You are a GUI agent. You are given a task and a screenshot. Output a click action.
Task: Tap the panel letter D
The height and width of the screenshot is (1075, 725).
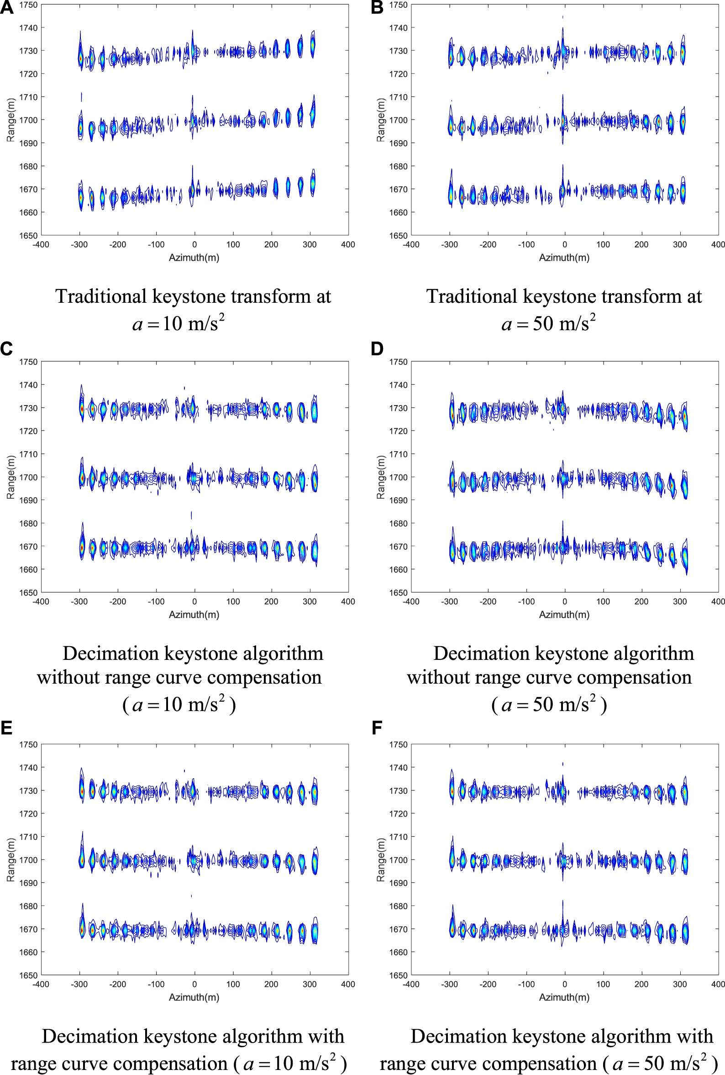tap(377, 348)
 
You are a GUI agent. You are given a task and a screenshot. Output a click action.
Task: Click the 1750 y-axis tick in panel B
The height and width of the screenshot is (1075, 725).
tap(398, 5)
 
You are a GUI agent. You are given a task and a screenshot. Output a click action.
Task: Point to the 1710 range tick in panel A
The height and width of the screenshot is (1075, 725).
tap(28, 97)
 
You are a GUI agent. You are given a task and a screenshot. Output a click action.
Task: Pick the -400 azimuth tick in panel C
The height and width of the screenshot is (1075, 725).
tap(41, 601)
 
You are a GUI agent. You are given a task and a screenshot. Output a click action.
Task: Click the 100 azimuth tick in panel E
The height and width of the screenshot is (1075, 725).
tap(232, 984)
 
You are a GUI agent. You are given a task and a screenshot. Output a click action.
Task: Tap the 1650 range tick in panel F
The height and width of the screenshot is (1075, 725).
tap(398, 975)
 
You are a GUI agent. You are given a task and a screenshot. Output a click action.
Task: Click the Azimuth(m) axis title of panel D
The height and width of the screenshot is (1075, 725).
tap(564, 615)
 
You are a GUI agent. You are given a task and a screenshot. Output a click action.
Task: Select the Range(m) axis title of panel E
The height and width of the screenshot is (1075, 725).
tap(11, 859)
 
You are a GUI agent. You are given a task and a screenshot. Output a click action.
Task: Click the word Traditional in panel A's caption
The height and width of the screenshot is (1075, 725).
tap(100, 296)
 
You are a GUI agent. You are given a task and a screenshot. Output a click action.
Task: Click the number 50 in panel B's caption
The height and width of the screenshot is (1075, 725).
tap(543, 323)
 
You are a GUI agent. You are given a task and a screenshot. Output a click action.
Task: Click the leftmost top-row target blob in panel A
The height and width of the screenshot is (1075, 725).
tap(80, 58)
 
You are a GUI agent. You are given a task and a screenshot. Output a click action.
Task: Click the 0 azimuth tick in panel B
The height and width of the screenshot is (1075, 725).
tap(564, 245)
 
